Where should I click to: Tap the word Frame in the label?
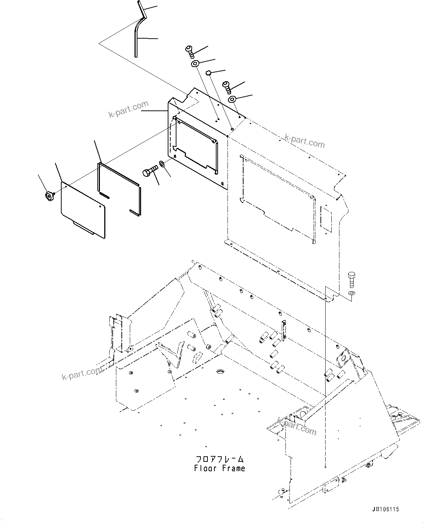click(233, 468)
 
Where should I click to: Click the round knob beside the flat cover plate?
click(48, 197)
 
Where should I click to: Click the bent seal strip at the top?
click(139, 29)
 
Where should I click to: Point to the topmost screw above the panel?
click(190, 51)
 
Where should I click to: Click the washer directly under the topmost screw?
click(195, 64)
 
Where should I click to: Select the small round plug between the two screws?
click(208, 73)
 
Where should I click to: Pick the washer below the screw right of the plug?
click(232, 99)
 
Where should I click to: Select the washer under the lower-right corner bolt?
click(351, 293)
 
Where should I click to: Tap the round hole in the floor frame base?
click(220, 371)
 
